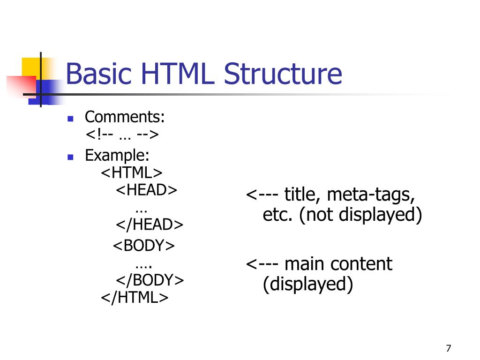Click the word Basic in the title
tap(99, 75)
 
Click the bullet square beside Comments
tap(71, 119)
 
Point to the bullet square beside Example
tap(71, 157)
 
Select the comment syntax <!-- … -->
tap(122, 135)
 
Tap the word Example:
tap(117, 155)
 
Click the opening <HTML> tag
tap(132, 172)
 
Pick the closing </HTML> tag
tap(135, 298)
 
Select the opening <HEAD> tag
tap(147, 190)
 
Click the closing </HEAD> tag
tap(150, 225)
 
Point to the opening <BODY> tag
tap(144, 246)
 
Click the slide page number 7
tap(449, 348)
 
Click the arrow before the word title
tap(263, 195)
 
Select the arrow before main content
tap(263, 264)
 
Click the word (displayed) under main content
tap(307, 284)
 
